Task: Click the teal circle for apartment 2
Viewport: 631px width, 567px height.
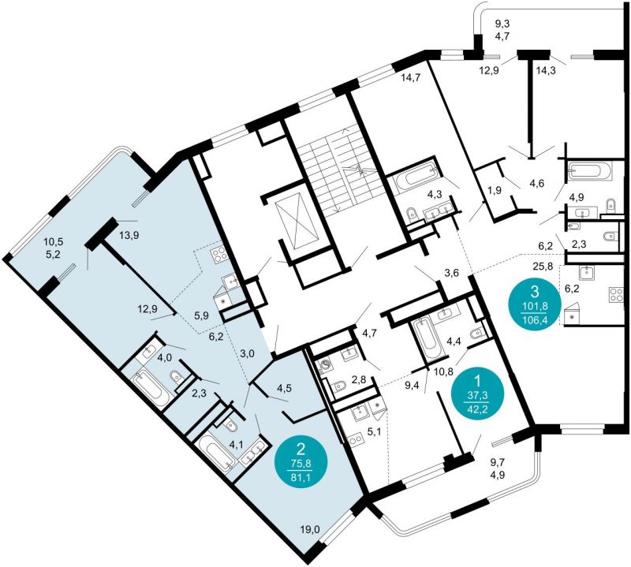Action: tap(301, 463)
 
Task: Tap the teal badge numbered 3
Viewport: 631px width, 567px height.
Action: tap(535, 301)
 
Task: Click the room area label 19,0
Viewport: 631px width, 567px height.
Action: tap(310, 530)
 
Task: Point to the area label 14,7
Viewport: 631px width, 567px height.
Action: tap(410, 78)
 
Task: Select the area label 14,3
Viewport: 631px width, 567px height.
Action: tap(546, 71)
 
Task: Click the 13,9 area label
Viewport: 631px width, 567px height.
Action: tap(129, 236)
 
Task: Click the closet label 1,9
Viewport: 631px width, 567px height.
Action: tap(495, 191)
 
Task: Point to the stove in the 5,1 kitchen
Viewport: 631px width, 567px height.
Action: tap(354, 440)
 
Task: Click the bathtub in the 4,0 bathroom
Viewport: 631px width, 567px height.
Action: tap(151, 387)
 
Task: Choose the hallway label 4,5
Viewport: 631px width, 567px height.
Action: tap(284, 389)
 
